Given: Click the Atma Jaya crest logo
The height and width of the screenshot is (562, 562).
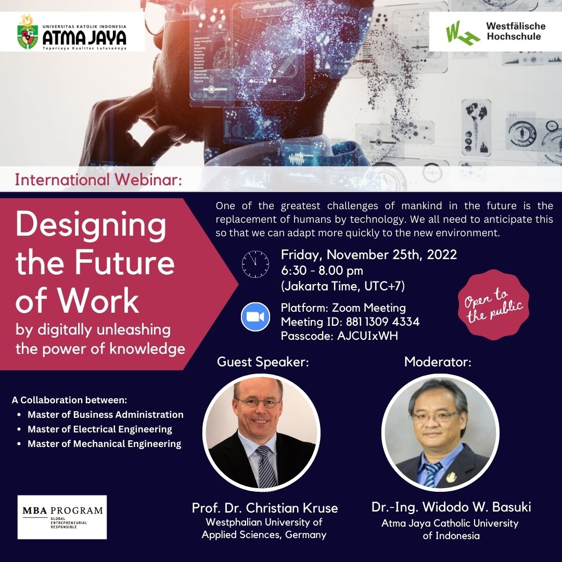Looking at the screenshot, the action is (x=28, y=32).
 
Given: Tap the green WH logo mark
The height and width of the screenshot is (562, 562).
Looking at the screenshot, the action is (x=463, y=33).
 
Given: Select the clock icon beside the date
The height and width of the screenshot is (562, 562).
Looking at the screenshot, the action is (x=255, y=264).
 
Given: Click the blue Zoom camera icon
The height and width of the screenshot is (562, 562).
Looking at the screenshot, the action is (x=255, y=317).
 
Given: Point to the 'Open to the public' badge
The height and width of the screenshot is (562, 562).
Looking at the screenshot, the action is (x=493, y=304).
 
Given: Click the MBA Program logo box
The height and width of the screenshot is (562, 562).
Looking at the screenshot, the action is (x=62, y=517).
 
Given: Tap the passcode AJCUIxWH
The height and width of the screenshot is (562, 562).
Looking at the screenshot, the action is (x=368, y=336).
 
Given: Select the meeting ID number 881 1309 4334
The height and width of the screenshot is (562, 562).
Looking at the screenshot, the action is (x=382, y=322).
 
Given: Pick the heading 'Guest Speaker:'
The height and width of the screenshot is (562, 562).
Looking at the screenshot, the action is (x=263, y=362).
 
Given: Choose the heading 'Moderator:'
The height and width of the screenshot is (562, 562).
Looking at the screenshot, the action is (x=438, y=362).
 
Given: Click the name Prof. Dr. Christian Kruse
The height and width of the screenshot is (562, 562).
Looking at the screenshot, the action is (x=265, y=508).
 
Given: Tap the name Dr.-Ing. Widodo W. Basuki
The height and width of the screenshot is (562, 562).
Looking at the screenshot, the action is (x=451, y=507).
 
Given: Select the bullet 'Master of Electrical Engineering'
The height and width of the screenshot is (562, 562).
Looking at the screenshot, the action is (x=99, y=429).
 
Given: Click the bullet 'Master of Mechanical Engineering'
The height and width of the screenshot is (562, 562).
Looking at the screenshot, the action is (x=104, y=444).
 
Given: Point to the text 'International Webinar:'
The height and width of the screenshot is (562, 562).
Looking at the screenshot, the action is (x=98, y=180).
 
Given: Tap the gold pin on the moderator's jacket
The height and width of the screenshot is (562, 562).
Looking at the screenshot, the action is (x=451, y=477).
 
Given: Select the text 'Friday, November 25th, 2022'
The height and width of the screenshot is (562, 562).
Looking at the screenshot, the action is (x=369, y=254).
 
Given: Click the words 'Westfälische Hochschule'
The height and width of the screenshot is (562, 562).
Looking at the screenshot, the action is (x=516, y=31).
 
